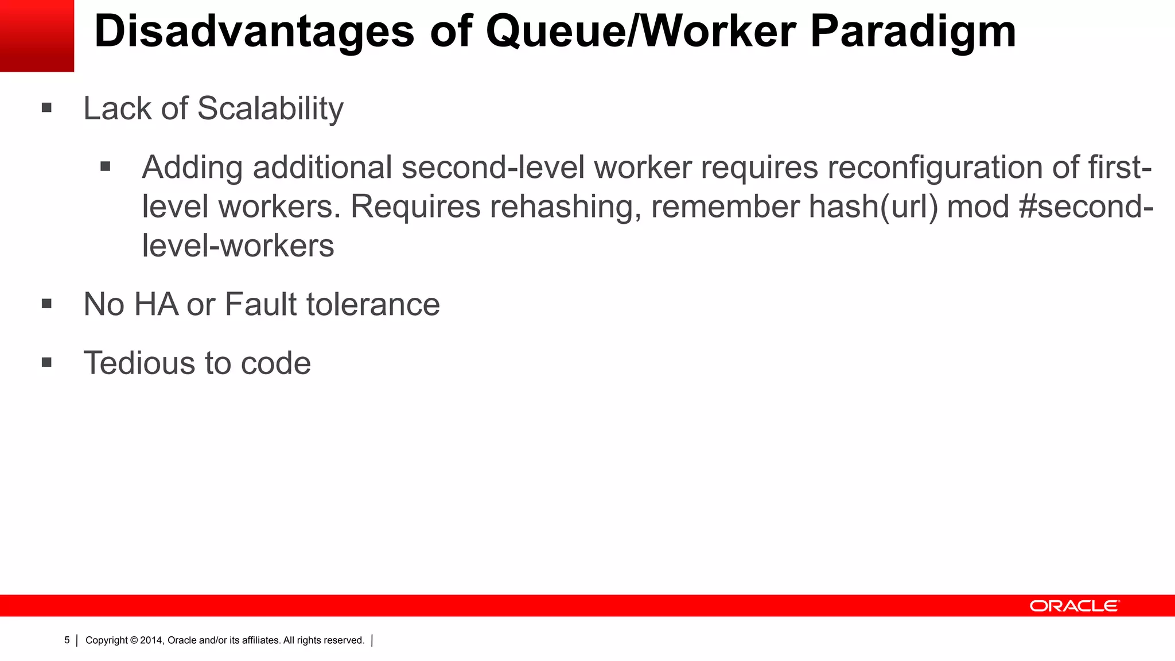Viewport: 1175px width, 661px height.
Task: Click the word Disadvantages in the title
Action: click(254, 32)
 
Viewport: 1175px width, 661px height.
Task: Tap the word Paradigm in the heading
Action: click(913, 32)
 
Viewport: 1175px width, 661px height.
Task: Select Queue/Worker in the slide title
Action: click(640, 32)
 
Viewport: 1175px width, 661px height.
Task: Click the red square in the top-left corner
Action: click(37, 36)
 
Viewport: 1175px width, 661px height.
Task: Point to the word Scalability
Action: click(270, 109)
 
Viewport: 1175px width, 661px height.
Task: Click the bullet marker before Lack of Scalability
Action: click(47, 108)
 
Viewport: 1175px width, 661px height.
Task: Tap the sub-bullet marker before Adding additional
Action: click(105, 167)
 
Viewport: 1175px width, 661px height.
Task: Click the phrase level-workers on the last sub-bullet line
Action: click(238, 246)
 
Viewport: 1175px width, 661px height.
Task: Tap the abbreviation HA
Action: click(156, 304)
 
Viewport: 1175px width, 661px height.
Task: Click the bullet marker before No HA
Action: click(47, 304)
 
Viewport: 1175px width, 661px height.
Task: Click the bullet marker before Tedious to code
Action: click(47, 363)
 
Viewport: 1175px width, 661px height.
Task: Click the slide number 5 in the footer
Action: click(67, 640)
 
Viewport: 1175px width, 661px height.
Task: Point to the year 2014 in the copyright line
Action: click(151, 640)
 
